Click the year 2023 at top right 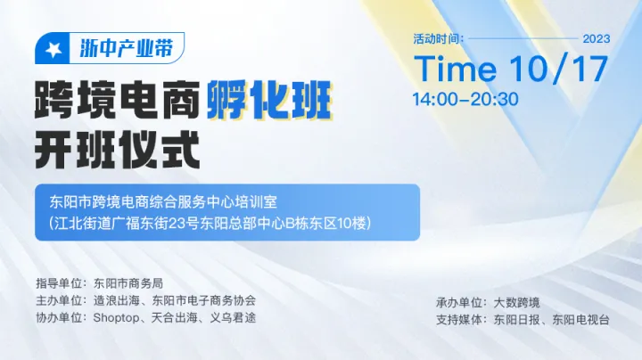(x=596, y=38)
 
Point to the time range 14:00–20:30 (x=465, y=99)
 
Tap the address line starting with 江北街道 (x=209, y=221)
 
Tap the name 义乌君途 (x=234, y=317)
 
